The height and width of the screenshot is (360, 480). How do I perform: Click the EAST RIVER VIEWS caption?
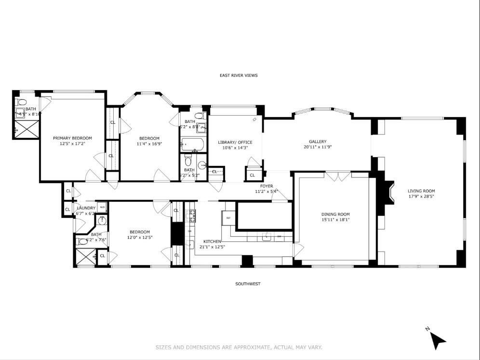tap(239, 75)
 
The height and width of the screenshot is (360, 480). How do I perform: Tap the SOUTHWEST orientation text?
tap(248, 284)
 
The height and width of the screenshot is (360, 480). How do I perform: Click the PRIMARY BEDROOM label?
tap(72, 138)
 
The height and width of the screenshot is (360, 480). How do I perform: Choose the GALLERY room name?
tap(318, 141)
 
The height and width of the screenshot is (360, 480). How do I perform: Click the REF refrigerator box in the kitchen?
tap(229, 218)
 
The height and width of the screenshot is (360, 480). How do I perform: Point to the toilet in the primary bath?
tap(21, 103)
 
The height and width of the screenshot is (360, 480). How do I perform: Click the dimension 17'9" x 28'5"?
tap(421, 197)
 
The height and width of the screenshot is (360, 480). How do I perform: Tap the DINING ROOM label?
tap(335, 214)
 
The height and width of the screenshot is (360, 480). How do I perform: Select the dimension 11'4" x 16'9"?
tap(147, 144)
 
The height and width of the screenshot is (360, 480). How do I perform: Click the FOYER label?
tap(267, 186)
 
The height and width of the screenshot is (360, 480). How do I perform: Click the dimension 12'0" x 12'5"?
tap(140, 237)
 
